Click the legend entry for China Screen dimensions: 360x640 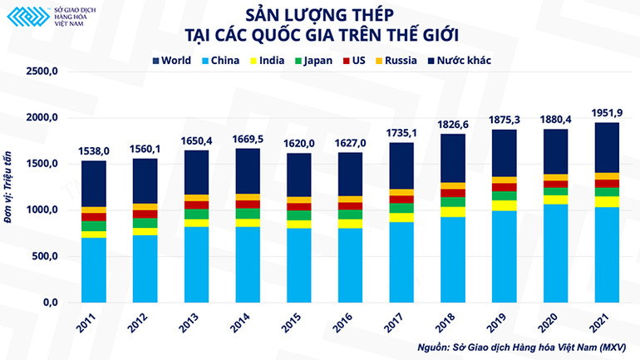[219, 60]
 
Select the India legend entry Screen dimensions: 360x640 [270, 60]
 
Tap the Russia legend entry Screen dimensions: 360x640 [412, 60]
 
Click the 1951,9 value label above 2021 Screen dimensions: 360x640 [607, 113]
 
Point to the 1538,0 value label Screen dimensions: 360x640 [94, 151]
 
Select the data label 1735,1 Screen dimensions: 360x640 [401, 133]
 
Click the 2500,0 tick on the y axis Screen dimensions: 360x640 [44, 72]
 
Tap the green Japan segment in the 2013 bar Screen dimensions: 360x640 [196, 215]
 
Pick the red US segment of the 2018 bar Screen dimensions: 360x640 [453, 193]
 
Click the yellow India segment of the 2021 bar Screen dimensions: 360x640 [607, 202]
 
